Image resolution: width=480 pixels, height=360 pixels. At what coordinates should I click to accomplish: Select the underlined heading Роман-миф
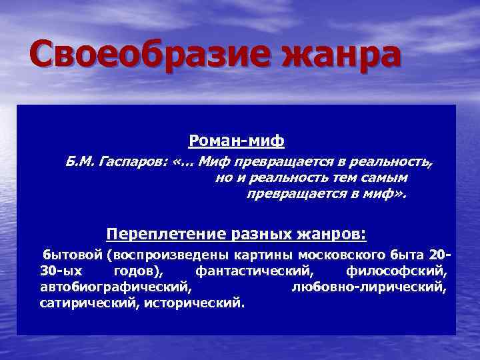click(x=236, y=141)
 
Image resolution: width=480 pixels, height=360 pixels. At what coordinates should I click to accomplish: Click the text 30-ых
click(x=59, y=271)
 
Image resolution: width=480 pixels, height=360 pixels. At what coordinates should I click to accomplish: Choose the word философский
click(x=396, y=271)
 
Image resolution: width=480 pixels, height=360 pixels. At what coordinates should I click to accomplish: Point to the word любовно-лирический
click(x=369, y=287)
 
